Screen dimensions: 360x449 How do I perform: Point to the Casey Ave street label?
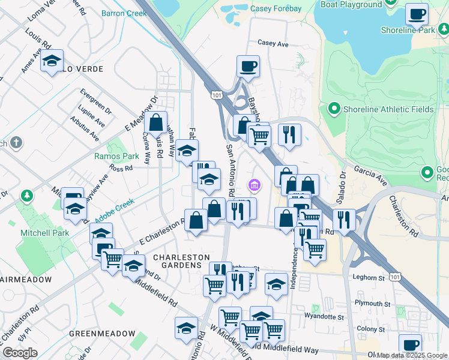(273, 44)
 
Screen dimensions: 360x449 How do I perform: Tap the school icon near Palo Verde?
(52, 61)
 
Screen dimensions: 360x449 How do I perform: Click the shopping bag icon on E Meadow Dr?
(155, 123)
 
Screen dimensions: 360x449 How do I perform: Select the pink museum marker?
(255, 185)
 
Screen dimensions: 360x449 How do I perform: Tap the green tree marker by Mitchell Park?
(26, 196)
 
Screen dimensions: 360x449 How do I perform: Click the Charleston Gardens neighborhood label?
(176, 261)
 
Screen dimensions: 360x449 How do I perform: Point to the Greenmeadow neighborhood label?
(102, 333)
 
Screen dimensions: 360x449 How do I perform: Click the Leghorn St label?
(369, 278)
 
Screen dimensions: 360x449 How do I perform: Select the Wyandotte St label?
(324, 316)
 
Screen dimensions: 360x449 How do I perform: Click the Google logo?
(20, 353)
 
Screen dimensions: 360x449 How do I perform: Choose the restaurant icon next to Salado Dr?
(343, 220)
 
